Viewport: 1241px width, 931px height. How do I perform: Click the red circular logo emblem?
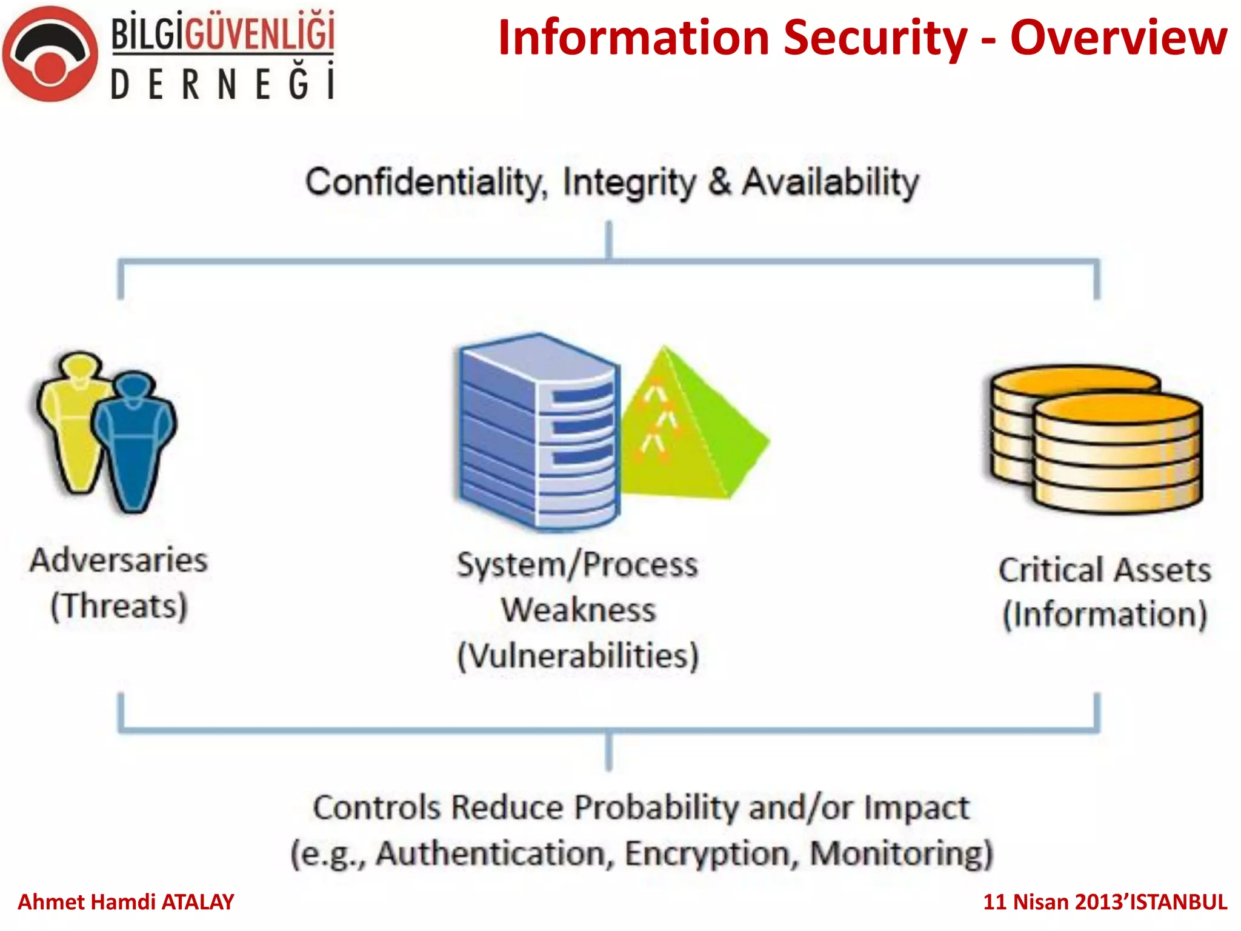point(50,55)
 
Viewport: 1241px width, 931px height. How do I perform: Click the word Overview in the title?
point(1119,38)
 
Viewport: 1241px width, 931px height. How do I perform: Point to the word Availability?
point(831,182)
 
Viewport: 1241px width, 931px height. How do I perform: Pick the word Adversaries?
point(119,560)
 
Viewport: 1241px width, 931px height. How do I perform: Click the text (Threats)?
point(119,606)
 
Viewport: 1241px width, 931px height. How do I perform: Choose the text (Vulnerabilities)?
point(578,656)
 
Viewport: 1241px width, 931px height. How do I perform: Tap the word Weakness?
point(578,610)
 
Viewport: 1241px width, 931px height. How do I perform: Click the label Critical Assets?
point(1104,570)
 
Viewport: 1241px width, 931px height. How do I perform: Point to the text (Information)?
point(1104,615)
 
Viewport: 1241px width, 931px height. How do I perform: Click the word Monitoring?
point(900,853)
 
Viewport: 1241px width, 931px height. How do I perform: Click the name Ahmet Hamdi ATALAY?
point(126,902)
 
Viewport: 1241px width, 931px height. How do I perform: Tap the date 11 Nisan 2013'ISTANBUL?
point(1105,902)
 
